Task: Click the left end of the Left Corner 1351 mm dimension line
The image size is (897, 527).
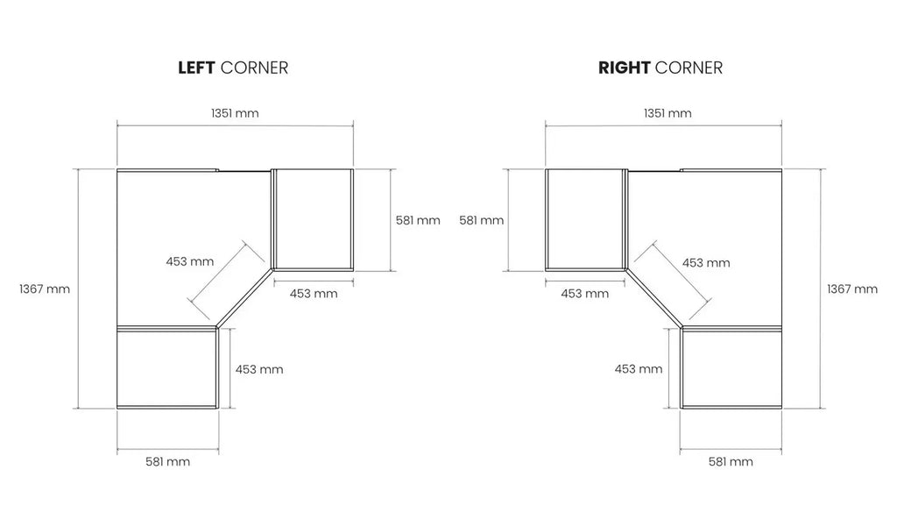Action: [117, 125]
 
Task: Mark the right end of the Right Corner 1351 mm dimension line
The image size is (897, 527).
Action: [781, 125]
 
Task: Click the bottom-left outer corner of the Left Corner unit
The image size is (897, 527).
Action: [117, 409]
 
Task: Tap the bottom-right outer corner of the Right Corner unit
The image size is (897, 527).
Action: [781, 409]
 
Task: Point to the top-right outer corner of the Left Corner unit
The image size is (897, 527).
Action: [353, 169]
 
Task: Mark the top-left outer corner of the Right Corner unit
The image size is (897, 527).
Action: [546, 169]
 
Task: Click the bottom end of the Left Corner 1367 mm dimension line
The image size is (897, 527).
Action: [78, 409]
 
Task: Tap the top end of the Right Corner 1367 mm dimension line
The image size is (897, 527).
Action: [821, 169]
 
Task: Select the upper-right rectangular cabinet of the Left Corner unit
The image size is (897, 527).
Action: [313, 219]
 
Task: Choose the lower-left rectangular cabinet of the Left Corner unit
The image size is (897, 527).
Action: [167, 367]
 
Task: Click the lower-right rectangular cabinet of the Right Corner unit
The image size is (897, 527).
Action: [731, 367]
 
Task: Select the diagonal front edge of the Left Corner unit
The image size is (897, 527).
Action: [245, 298]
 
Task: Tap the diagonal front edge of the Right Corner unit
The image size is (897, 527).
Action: [653, 298]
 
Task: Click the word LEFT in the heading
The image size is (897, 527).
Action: [196, 68]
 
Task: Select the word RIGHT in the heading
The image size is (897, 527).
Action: [624, 68]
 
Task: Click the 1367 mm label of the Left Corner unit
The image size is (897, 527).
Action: [45, 288]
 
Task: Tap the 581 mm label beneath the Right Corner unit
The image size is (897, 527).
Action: [731, 461]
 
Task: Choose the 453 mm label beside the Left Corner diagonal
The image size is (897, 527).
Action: [190, 261]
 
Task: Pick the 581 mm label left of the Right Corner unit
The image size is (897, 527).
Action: [481, 220]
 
